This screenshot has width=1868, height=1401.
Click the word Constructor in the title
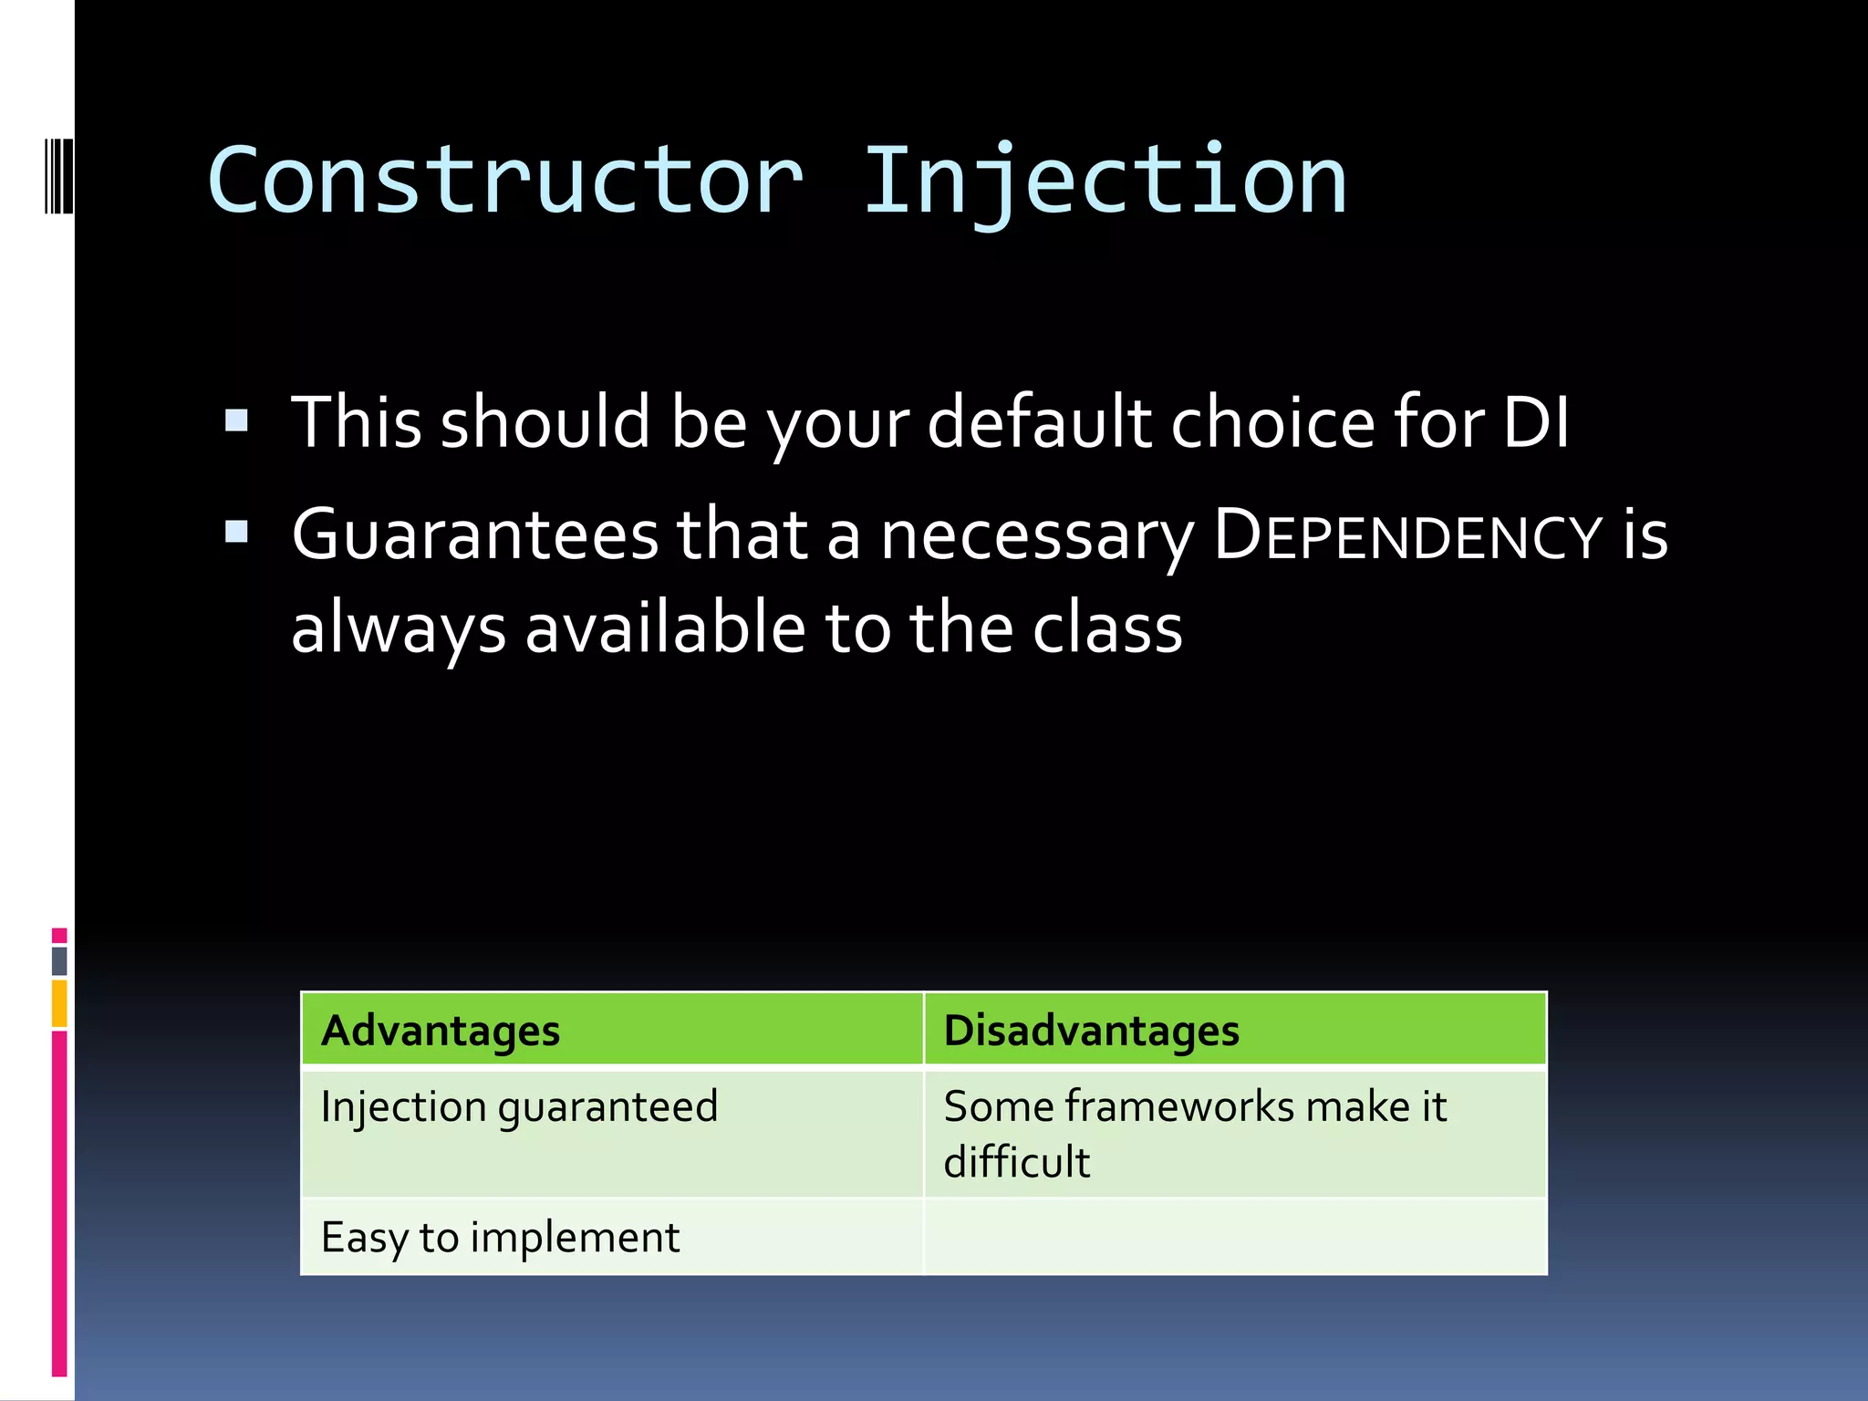click(506, 182)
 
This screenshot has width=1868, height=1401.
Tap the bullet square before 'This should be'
click(236, 420)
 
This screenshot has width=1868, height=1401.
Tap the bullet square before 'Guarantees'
click(236, 532)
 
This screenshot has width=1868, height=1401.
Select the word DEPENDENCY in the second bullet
click(1407, 536)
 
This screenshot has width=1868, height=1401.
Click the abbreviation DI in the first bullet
click(1536, 422)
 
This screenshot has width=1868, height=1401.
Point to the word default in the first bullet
click(1040, 422)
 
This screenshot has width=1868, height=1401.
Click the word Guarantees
click(474, 536)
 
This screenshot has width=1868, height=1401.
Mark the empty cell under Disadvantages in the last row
click(1235, 1238)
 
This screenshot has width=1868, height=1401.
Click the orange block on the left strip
click(59, 1003)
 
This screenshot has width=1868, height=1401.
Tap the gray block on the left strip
click(59, 960)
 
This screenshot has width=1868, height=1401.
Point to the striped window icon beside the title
click(58, 176)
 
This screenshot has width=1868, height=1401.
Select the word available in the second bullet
click(666, 629)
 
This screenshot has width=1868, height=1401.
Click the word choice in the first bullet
click(1272, 422)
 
